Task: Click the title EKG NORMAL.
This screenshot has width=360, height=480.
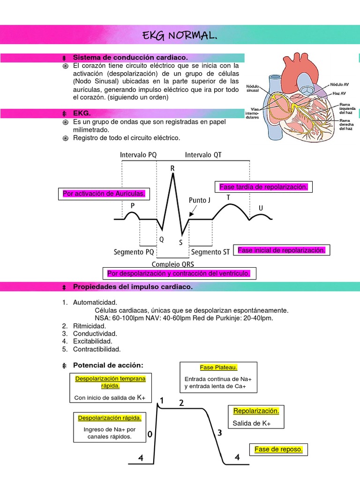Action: pos(180,36)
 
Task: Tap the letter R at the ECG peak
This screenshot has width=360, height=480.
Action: pos(173,168)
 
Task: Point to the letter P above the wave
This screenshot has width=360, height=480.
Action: pos(133,205)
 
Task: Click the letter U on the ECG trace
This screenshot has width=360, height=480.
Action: pos(261,207)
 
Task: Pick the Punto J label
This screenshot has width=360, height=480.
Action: pos(200,200)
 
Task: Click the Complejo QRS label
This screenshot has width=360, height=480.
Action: pos(175,264)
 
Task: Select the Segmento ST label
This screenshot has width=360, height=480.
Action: pos(210,252)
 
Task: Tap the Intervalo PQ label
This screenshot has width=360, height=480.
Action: pos(138,155)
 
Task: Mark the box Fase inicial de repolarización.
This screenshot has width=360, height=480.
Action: pos(281,250)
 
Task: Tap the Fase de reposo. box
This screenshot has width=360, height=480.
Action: pos(278,450)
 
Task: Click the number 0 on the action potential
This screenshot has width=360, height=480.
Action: pos(150,435)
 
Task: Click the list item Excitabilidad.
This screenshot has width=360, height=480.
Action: pos(92,341)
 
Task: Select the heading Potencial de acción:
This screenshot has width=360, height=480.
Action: pos(108,365)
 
